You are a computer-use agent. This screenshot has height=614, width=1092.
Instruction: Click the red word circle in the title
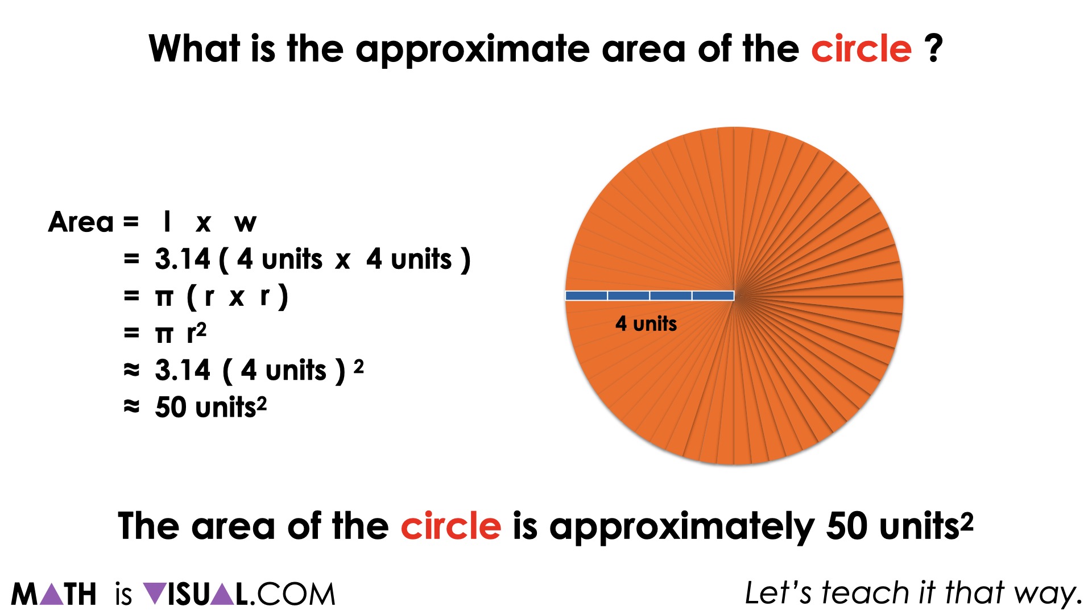(x=861, y=49)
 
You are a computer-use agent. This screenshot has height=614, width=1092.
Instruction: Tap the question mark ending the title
(x=933, y=48)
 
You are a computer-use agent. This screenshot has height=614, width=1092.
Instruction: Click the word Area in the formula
(x=81, y=222)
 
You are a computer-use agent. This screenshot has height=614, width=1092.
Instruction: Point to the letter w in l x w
(x=246, y=223)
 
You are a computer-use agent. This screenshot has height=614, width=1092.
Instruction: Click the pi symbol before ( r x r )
(x=164, y=297)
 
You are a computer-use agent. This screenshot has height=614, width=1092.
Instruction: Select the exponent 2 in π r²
(x=201, y=329)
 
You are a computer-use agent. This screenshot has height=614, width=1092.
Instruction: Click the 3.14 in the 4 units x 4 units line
(x=183, y=259)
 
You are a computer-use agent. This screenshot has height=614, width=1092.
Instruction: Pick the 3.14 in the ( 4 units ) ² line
(x=183, y=370)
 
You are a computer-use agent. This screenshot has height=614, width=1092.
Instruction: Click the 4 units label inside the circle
(x=646, y=324)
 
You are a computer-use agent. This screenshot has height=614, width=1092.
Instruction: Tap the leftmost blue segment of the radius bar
(x=586, y=296)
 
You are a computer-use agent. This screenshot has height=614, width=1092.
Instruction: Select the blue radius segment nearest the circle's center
(x=713, y=296)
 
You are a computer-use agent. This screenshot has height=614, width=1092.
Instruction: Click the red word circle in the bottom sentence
(x=451, y=526)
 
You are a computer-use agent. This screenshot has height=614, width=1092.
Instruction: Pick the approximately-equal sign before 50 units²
(x=131, y=406)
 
